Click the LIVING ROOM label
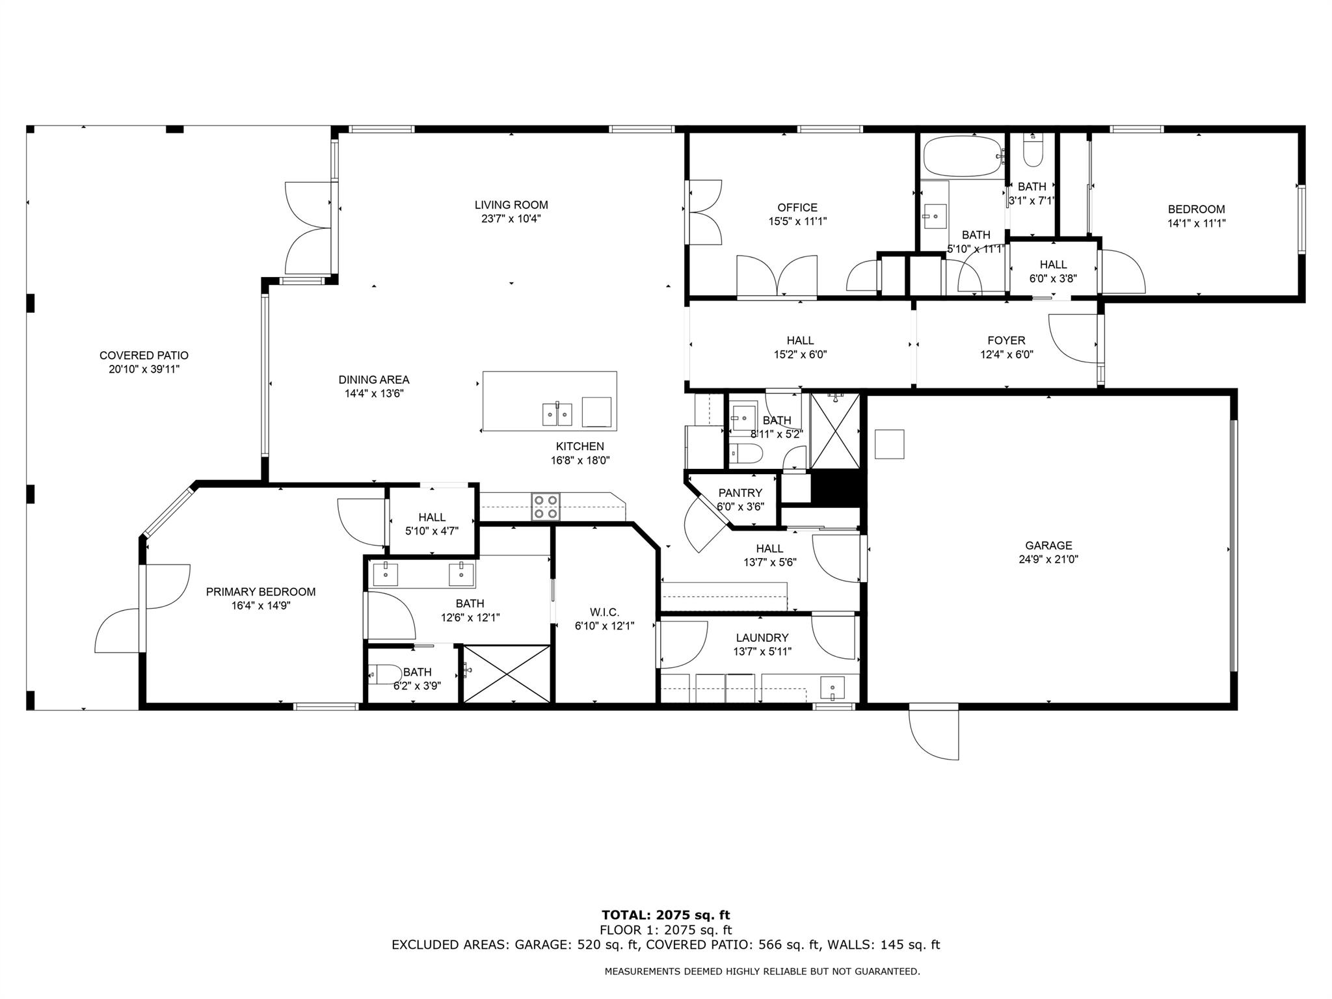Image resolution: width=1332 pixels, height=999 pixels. (x=511, y=205)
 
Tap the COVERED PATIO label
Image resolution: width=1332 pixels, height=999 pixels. (x=144, y=356)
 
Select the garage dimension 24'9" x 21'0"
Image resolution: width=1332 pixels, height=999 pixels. (x=1048, y=559)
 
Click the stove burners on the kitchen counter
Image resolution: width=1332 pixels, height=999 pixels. (x=546, y=507)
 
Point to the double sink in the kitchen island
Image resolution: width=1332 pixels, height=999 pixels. (x=557, y=414)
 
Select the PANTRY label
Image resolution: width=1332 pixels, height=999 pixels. (x=739, y=493)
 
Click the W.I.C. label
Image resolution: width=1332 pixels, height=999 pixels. (x=604, y=612)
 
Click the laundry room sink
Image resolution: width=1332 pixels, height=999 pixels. (x=832, y=686)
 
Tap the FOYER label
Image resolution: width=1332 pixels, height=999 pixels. (x=1006, y=341)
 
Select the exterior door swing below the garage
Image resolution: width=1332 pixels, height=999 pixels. (x=933, y=733)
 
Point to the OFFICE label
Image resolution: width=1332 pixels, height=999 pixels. (x=797, y=207)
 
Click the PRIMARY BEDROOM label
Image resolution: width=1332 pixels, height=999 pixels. (x=260, y=592)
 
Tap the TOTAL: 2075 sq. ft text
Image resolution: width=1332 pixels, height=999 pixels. (x=665, y=916)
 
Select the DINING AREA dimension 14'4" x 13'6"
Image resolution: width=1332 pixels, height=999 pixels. (x=374, y=393)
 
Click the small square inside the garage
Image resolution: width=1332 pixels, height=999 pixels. (x=889, y=444)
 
